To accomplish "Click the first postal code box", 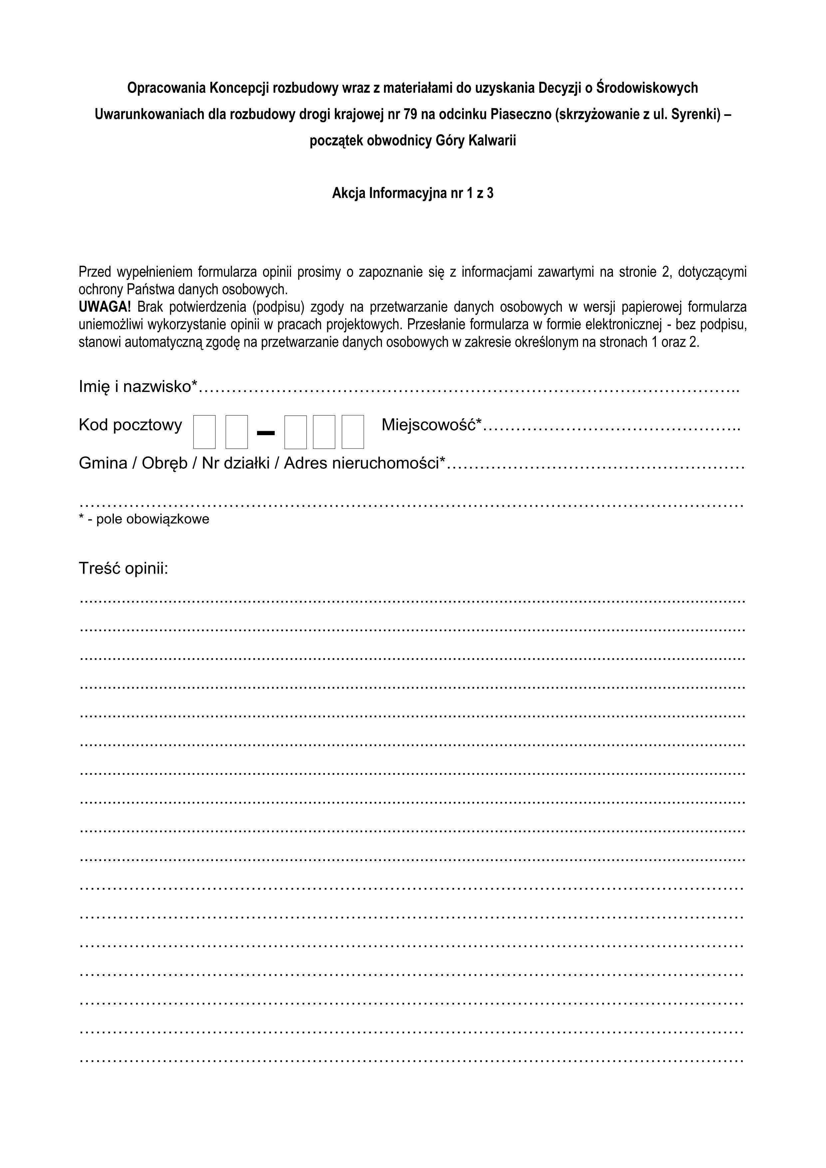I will (x=204, y=432).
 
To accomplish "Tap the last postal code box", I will (x=353, y=432).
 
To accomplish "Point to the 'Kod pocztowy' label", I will (x=130, y=425).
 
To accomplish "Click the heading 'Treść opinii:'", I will (x=124, y=568).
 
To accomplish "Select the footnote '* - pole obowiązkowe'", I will (x=144, y=519).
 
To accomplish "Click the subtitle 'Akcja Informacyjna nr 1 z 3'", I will (x=413, y=193).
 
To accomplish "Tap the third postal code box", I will (x=296, y=432).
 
